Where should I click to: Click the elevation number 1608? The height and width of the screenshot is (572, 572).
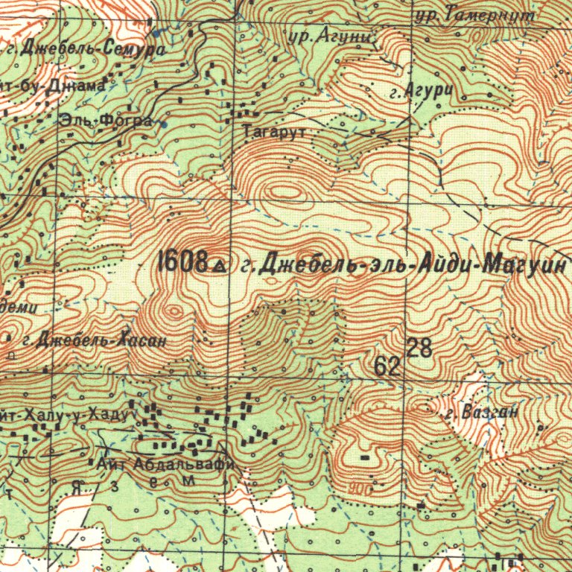coord(183,261)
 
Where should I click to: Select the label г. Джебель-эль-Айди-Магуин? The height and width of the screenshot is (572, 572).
coord(406,264)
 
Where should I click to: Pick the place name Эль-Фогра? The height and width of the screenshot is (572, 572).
coord(107,120)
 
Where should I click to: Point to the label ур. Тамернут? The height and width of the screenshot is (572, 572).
coord(476,14)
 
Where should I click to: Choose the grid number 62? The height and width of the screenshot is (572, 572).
coord(388,366)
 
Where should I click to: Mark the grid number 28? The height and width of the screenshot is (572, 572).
coord(420,347)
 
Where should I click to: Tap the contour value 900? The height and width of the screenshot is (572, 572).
coord(360,489)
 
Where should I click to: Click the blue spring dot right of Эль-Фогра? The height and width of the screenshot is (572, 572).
coord(163,125)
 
